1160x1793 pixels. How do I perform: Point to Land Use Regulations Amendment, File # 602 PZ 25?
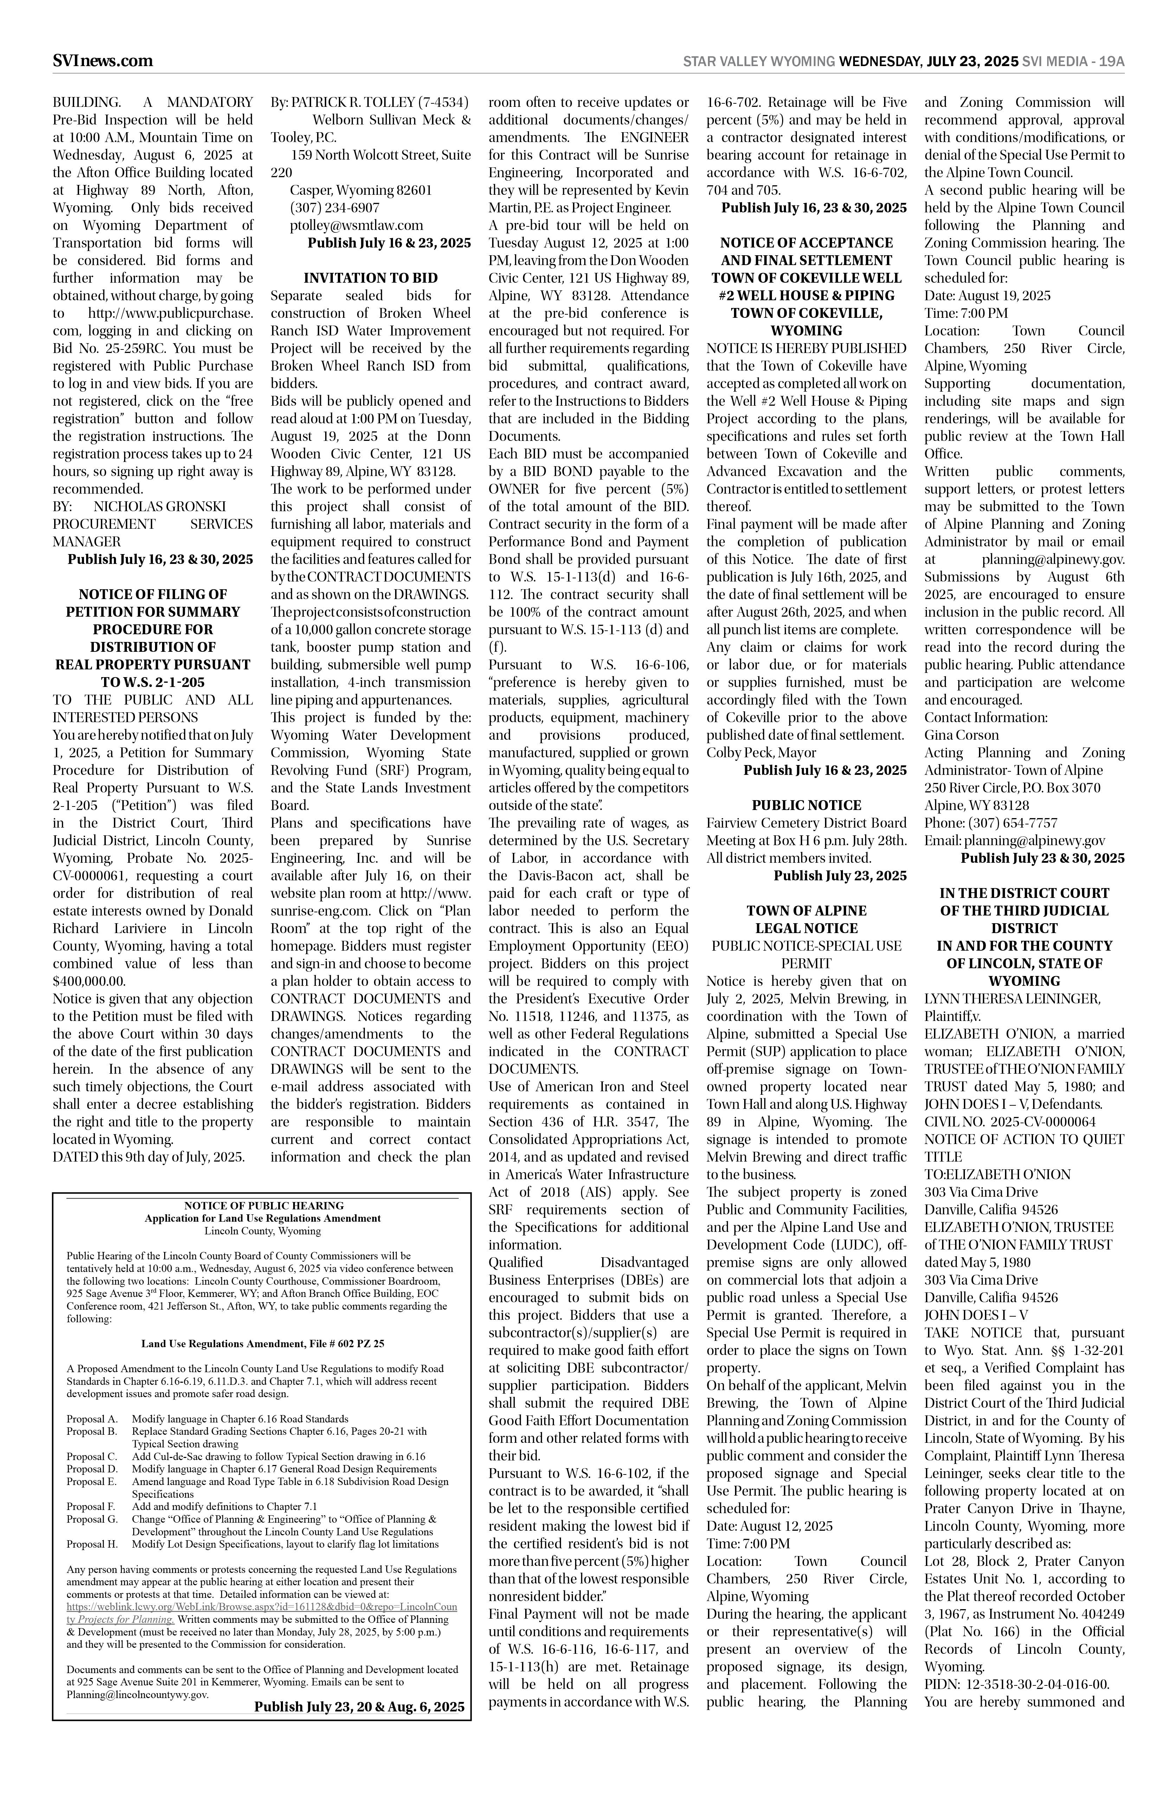click(x=263, y=1343)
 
